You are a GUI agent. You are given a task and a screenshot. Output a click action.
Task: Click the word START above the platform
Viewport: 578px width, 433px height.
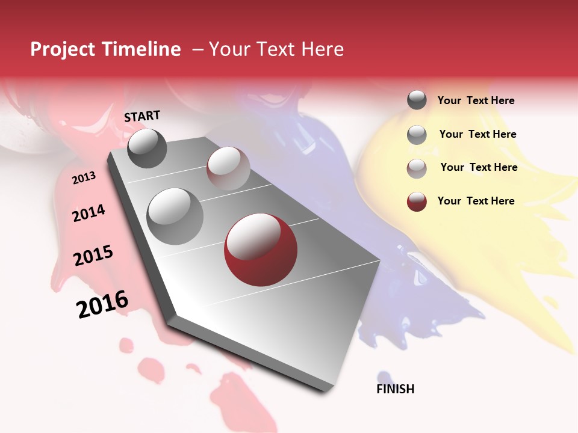(x=142, y=116)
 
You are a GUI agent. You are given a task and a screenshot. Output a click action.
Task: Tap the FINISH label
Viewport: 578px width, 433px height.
(x=396, y=389)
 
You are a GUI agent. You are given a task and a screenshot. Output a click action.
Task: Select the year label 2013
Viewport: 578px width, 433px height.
(x=84, y=178)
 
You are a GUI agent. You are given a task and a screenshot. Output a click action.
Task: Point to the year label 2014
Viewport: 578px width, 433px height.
(x=89, y=213)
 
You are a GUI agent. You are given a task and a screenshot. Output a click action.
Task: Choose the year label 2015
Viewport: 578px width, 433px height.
(x=93, y=256)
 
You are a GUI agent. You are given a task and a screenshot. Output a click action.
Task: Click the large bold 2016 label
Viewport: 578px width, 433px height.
(x=102, y=304)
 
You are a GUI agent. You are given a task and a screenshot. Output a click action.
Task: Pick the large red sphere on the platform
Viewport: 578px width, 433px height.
(x=260, y=249)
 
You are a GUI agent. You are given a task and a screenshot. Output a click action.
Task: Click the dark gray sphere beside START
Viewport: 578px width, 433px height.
(x=148, y=148)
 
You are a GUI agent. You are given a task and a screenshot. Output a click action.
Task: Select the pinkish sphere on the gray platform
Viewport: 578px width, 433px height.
(x=228, y=168)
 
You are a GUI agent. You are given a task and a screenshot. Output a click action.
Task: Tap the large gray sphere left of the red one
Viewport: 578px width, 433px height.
(x=175, y=216)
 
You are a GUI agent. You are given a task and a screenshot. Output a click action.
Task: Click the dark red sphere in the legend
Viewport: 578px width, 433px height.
(x=417, y=201)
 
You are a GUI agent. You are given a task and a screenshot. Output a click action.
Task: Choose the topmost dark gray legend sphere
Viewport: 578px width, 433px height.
(x=417, y=100)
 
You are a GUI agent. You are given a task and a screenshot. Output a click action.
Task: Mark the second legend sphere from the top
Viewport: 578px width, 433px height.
(x=417, y=135)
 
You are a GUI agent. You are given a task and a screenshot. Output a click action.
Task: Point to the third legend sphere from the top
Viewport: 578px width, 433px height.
(x=417, y=168)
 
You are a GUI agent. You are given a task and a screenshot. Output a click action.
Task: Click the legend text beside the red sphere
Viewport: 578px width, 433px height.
(x=476, y=201)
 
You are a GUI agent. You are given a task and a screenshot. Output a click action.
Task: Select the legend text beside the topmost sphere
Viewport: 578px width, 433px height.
(x=476, y=100)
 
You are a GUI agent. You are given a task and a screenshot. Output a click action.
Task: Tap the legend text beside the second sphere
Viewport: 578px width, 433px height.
(x=477, y=134)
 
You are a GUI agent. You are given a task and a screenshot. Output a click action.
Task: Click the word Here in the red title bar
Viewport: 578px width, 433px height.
(x=322, y=49)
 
